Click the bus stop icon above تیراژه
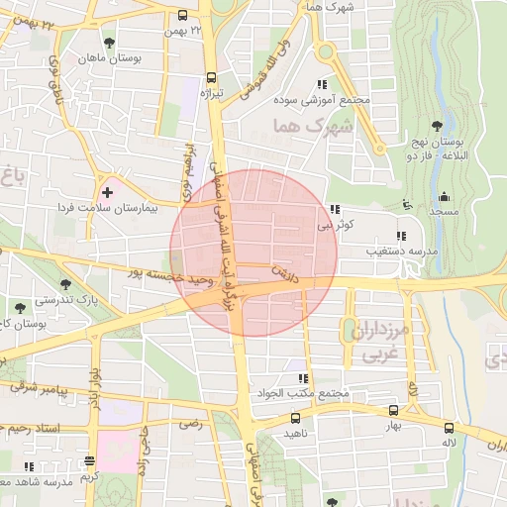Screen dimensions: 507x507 coord(211,77)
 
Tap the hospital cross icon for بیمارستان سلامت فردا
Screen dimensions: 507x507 coord(107,189)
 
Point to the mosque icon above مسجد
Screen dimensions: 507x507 coord(443,196)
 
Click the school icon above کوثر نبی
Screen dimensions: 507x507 coord(337,209)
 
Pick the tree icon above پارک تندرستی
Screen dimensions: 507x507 coord(21,282)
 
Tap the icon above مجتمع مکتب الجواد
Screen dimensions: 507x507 coord(302,378)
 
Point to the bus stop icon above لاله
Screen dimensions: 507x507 coord(450,428)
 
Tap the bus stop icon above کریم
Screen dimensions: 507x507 coord(90,461)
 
